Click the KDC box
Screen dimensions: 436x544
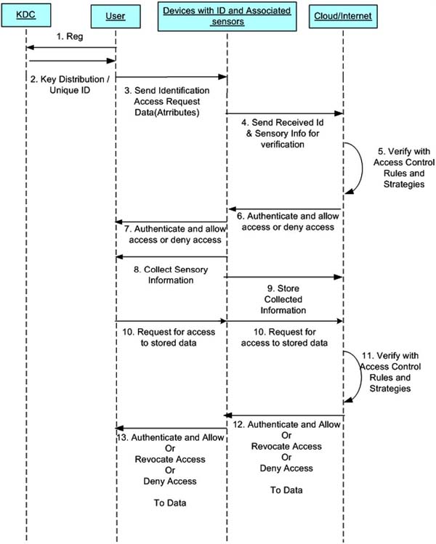click(26, 15)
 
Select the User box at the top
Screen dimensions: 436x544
click(116, 16)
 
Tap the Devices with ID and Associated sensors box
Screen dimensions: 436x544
click(227, 16)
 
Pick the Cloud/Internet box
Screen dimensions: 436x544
click(343, 16)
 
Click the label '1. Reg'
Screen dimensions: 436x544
click(70, 36)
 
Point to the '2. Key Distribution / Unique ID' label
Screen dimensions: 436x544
click(70, 85)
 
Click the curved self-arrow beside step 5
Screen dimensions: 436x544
click(362, 169)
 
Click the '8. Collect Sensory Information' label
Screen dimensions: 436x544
click(171, 275)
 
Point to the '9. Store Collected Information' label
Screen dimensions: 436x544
click(283, 299)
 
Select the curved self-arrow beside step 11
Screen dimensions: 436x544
click(361, 377)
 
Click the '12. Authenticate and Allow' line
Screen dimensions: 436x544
click(286, 424)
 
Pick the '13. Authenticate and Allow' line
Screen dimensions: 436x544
click(170, 437)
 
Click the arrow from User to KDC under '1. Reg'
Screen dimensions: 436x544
click(71, 47)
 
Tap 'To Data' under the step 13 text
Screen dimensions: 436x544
click(170, 503)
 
